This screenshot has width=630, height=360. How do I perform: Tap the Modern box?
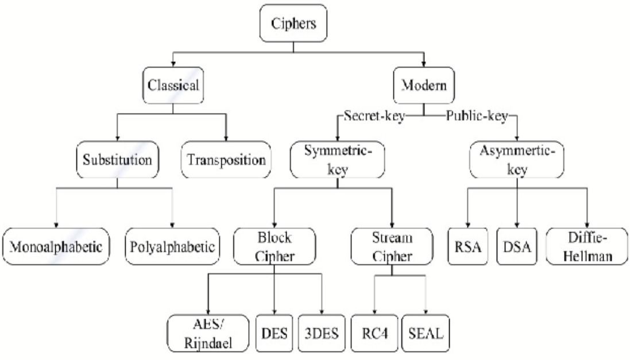pos(423,86)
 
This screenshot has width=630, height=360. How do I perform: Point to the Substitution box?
pos(118,160)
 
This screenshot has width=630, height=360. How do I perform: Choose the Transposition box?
pos(226,160)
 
